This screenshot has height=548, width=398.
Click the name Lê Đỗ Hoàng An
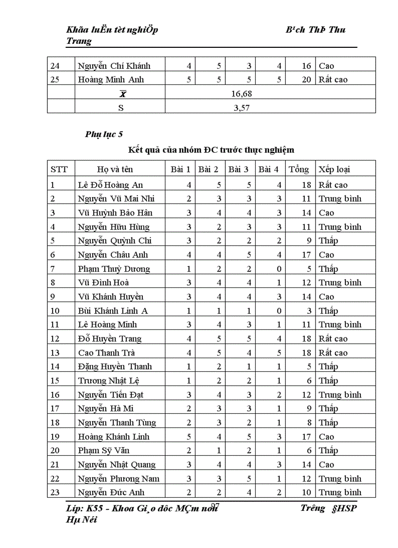110,185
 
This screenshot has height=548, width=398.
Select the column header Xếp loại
334,169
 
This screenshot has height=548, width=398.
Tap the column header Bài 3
239,169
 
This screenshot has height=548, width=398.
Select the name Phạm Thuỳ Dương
114,269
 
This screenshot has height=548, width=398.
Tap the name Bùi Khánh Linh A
113,311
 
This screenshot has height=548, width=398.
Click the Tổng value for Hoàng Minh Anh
306,80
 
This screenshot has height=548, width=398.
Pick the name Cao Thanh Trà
106,353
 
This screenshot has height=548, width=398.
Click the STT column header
60,169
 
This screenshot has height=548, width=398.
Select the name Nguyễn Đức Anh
111,492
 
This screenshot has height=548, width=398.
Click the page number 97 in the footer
215,507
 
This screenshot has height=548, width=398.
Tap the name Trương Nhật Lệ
110,381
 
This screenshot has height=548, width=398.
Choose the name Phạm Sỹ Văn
103,450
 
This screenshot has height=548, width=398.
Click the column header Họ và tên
115,169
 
